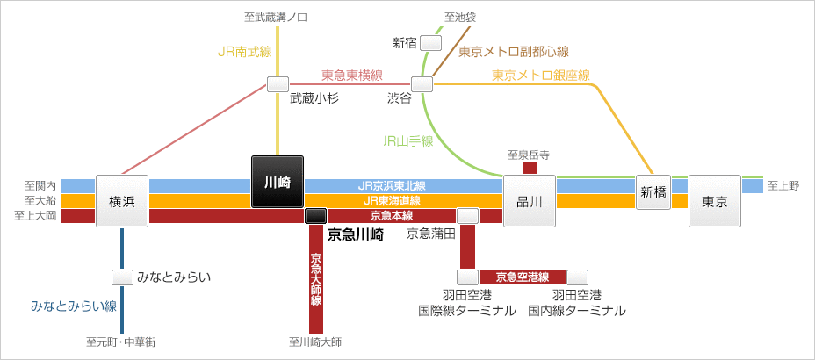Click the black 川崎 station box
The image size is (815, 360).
(x=278, y=182)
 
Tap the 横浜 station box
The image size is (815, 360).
(x=122, y=201)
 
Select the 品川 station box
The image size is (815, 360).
(x=530, y=201)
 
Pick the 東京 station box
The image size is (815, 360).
(x=715, y=201)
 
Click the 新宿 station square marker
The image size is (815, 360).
(x=430, y=42)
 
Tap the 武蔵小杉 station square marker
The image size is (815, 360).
(x=278, y=84)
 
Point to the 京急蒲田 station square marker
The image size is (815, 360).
(x=468, y=215)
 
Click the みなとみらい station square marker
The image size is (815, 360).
(x=122, y=277)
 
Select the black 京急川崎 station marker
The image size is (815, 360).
(x=315, y=215)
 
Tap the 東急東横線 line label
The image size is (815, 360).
(x=351, y=75)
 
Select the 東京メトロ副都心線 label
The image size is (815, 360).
(x=514, y=51)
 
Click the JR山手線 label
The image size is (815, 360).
(x=408, y=140)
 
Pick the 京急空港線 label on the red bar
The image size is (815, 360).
(x=523, y=277)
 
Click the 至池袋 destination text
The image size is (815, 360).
(x=460, y=17)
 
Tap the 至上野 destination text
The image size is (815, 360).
(x=783, y=185)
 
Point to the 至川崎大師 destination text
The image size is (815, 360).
(x=314, y=342)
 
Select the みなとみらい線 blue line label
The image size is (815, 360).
(x=74, y=306)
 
